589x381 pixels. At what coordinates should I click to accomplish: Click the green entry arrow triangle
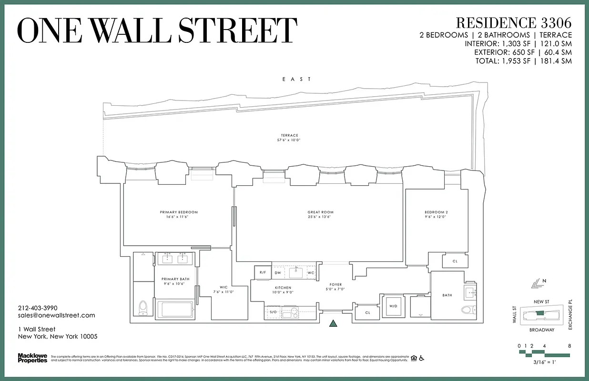pos(334,324)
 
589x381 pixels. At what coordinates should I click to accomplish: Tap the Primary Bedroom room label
pos(179,212)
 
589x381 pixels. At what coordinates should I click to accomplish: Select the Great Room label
pos(320,212)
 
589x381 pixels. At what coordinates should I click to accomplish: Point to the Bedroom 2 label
pos(436,212)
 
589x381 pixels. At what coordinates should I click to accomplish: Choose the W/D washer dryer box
pos(394,305)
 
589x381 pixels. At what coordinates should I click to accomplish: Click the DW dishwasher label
pos(278,273)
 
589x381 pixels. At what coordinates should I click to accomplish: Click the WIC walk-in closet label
pos(223,287)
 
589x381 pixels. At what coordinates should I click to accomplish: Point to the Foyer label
pos(335,285)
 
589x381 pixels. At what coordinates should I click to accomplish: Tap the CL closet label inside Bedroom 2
pos(455,261)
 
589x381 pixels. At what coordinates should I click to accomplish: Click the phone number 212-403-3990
pos(38,308)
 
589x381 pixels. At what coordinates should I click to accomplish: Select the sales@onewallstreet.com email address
pos(56,315)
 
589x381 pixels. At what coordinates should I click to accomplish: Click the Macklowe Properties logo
pos(32,358)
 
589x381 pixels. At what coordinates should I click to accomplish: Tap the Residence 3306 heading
pos(513,22)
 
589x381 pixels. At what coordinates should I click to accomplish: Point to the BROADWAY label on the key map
pos(541,330)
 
